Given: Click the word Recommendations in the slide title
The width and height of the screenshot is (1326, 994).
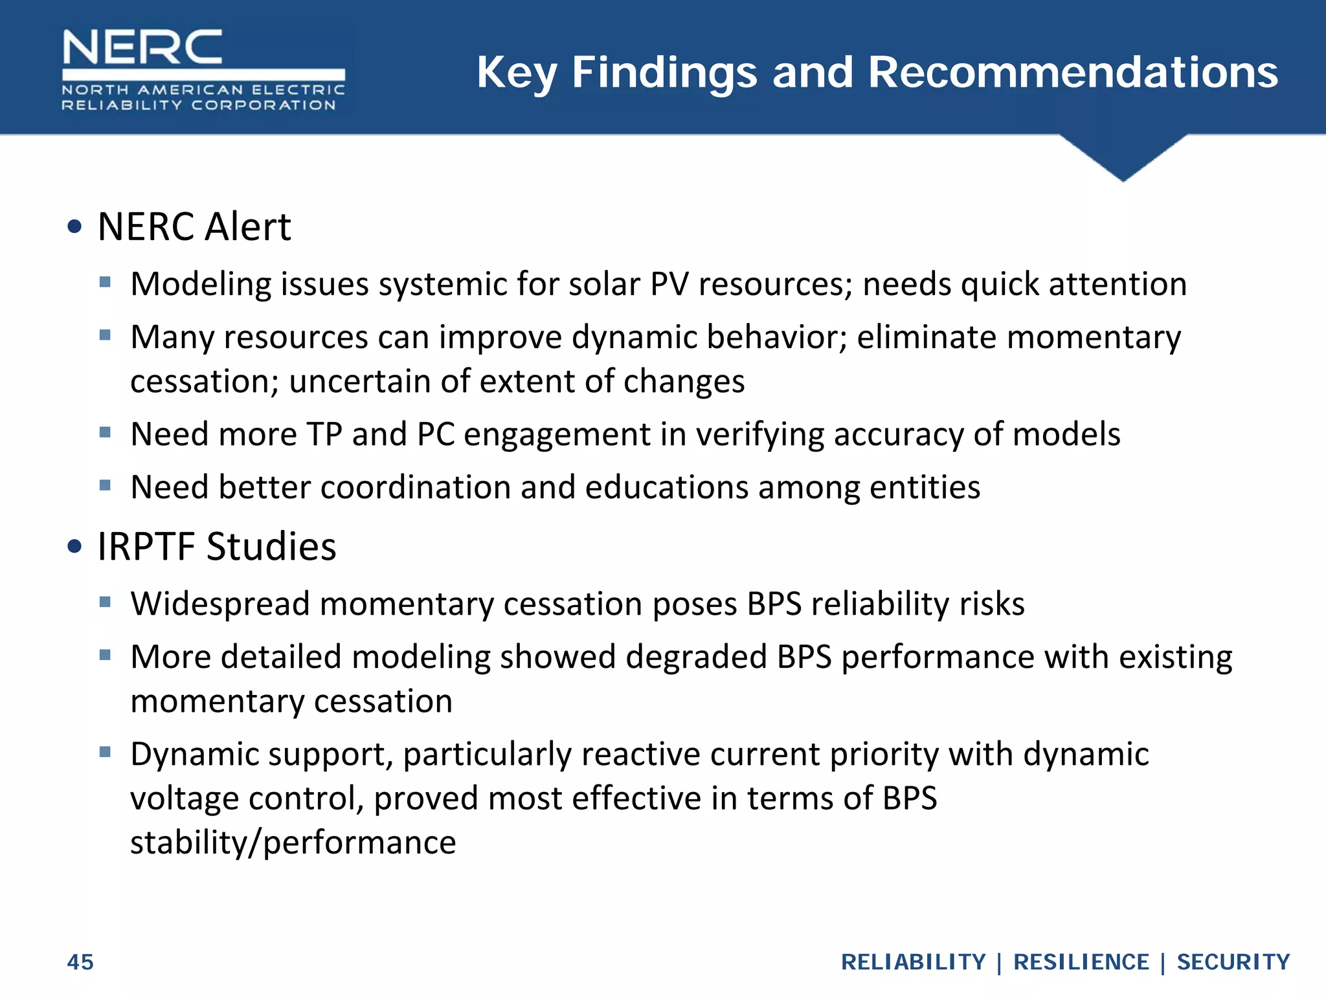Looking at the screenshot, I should (x=1072, y=72).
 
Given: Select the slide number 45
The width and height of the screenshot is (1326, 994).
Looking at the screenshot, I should (x=80, y=962).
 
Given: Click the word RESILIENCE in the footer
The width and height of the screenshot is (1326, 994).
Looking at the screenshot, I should (x=1081, y=962).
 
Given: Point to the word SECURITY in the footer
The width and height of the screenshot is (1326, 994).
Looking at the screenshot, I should (x=1233, y=962).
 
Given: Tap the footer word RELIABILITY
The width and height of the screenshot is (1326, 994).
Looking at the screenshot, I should (x=913, y=962).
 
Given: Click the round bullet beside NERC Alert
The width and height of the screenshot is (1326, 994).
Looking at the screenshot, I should (x=74, y=226).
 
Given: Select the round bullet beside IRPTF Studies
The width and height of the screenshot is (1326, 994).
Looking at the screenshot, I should (x=74, y=546).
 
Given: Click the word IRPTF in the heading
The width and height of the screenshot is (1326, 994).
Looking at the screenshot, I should (x=146, y=546).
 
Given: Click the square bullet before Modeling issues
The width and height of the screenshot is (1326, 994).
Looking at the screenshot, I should (x=106, y=282).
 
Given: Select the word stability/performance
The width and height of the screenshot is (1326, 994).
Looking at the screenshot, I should (x=293, y=843).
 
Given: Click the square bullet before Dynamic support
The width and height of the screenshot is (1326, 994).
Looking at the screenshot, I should (x=106, y=752).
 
